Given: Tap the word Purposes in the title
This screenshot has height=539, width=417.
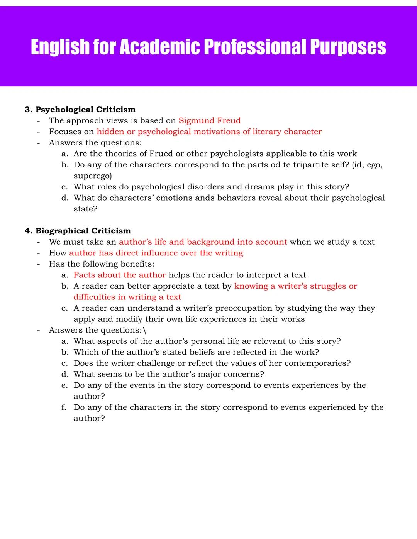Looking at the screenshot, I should (348, 47).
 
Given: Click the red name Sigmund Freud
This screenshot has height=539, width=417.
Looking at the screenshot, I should (209, 121).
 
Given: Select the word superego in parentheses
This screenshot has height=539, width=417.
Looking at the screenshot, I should (92, 176).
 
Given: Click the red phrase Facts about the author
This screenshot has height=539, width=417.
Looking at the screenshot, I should (119, 275).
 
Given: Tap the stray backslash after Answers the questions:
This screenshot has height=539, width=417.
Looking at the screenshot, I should (144, 330).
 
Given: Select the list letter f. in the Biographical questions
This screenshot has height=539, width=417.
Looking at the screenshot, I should (64, 407).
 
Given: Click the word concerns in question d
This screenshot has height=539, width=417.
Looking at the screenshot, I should (246, 374).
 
